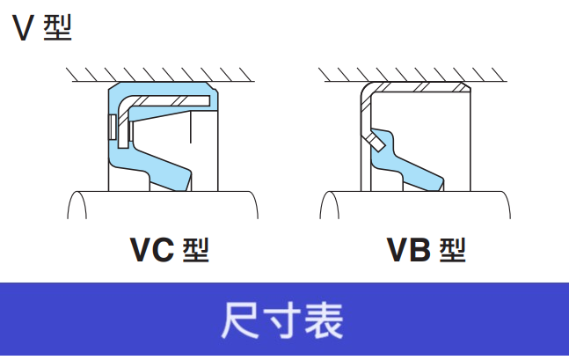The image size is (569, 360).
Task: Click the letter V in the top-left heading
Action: point(23,29)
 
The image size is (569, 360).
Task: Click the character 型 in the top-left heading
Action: point(56,29)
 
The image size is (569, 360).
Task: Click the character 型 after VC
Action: point(195,251)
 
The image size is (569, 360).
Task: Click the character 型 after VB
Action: point(450,251)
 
